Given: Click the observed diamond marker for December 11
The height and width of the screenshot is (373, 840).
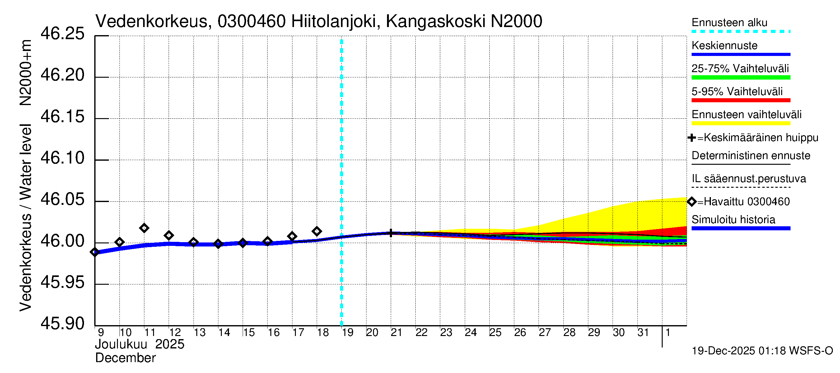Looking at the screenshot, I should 144,228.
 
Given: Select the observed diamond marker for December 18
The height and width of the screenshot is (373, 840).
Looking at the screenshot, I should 317,232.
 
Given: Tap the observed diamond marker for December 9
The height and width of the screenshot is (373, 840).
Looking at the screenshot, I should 95,252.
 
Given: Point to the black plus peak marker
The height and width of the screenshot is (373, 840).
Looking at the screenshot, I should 391,233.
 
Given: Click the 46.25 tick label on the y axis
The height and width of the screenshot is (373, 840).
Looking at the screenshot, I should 62,34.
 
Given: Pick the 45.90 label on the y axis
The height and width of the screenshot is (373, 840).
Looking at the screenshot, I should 62,324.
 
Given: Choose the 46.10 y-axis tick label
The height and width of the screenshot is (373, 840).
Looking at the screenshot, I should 62,158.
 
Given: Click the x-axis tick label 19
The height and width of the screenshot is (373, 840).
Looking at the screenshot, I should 347,333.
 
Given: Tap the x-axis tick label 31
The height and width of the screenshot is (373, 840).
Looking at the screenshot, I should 643,333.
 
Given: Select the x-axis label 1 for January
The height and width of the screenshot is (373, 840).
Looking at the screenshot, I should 668,333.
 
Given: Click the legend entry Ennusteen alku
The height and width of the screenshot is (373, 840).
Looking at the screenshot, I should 729,23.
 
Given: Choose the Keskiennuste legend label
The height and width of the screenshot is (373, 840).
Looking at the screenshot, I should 724,46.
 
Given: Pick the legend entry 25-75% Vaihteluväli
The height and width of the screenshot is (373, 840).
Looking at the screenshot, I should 740,69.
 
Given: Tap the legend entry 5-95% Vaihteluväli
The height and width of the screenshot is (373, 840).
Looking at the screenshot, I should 737,91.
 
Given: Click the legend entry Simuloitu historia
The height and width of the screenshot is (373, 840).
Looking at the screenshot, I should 733,220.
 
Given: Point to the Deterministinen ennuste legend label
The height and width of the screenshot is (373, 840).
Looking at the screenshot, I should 751,156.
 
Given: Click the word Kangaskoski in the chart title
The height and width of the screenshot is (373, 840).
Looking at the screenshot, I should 436,21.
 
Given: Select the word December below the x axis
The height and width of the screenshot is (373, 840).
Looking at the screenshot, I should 125,358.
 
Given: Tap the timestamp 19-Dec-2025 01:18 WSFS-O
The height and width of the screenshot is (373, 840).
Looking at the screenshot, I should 762,351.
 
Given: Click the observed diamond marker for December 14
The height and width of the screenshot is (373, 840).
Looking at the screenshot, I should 218,244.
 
